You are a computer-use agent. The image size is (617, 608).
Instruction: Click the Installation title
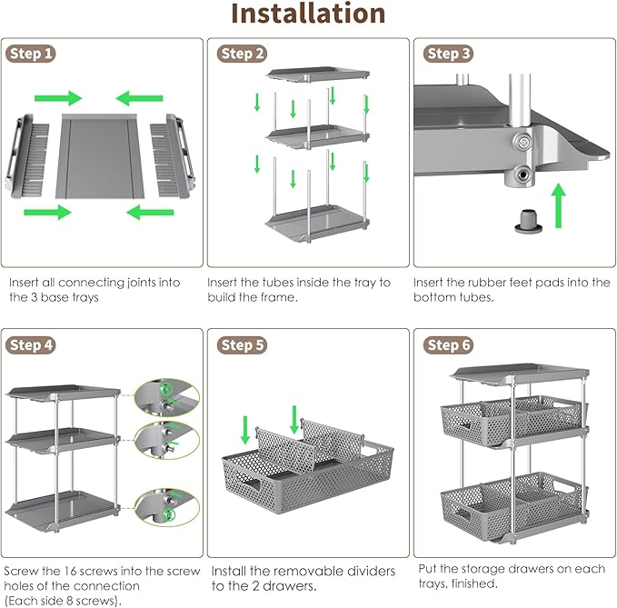tap(308, 15)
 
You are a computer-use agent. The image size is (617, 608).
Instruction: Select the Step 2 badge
tap(243, 55)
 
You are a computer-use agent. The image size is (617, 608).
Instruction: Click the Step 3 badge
tap(449, 55)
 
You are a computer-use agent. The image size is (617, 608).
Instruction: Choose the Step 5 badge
tap(243, 345)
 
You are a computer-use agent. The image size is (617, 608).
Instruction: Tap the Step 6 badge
tap(449, 345)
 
